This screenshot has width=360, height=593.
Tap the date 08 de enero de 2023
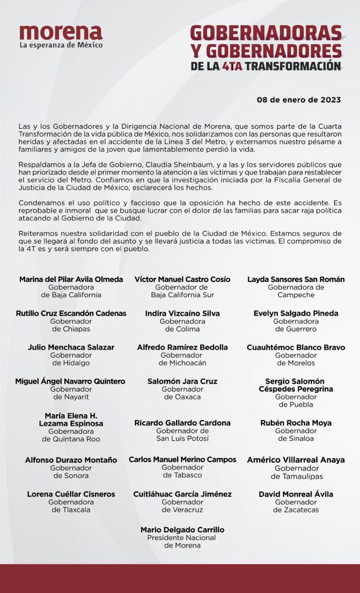point(299,100)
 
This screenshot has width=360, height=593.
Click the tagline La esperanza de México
point(61,45)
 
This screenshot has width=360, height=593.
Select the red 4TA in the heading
point(232,66)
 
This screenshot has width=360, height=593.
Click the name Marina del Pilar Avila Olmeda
point(71,279)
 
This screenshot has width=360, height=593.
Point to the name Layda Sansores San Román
point(296,279)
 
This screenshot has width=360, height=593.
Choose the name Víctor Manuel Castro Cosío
point(182,279)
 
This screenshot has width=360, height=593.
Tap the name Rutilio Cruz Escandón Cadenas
point(71,313)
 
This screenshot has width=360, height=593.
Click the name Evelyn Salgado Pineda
point(296,313)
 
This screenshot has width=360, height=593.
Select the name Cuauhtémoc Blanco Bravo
point(296,347)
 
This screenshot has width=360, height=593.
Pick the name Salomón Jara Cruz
point(182,382)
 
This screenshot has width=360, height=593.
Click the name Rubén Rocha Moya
point(296,423)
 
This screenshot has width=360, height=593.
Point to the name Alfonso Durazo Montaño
point(71,460)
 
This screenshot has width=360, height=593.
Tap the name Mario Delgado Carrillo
point(182,529)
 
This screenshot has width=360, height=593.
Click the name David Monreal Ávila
point(296,494)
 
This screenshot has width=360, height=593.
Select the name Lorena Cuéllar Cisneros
point(71,494)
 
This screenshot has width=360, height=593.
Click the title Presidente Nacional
point(182,537)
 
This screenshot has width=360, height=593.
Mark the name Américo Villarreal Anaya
point(296,460)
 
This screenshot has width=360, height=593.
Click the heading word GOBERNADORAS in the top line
point(266,33)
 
